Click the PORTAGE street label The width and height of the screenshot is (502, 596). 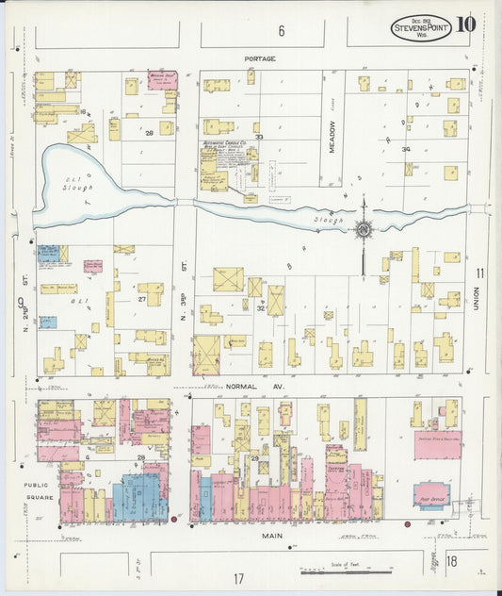click(260, 58)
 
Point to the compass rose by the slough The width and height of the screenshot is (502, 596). click(364, 228)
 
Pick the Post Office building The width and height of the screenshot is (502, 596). click(430, 494)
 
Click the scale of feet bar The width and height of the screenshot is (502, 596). click(346, 571)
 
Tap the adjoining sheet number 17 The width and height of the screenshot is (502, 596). click(238, 577)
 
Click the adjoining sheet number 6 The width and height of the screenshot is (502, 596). click(281, 31)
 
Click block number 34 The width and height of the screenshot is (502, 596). click(406, 149)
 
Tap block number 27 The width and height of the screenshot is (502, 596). click(141, 299)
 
